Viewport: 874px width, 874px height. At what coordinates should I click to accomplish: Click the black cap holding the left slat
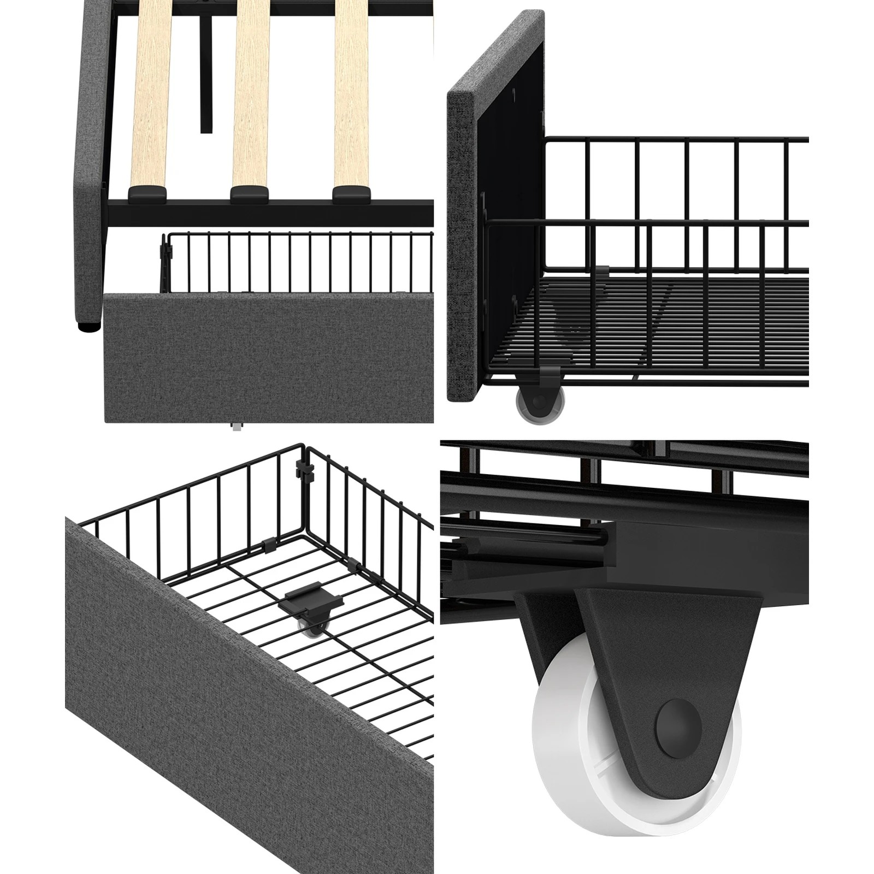(148, 192)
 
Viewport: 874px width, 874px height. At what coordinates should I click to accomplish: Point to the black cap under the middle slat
(249, 192)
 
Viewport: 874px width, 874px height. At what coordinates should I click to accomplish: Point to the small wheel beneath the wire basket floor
(314, 628)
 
